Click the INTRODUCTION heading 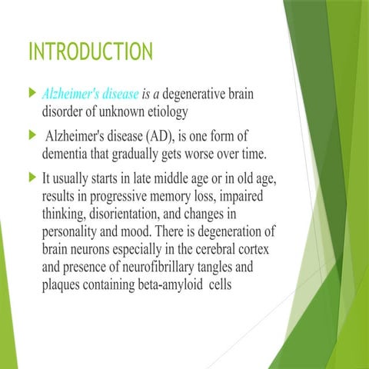(90, 53)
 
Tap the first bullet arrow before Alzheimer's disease (32, 93)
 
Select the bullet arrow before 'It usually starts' (32, 179)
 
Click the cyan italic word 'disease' (117, 94)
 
